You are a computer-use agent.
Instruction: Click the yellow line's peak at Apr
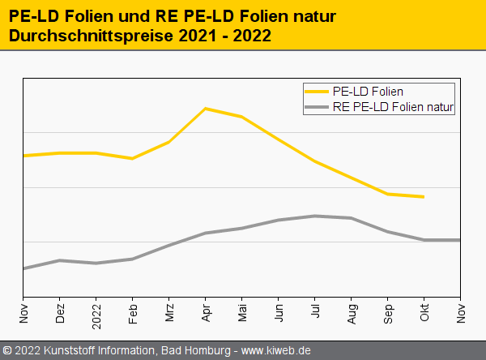tap(206, 108)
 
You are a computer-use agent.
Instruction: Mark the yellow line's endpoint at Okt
tap(424, 196)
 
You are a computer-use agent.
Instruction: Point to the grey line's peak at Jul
tap(314, 216)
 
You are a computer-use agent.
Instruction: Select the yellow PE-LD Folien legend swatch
tap(315, 92)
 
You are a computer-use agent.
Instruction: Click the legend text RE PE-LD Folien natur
tap(393, 106)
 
